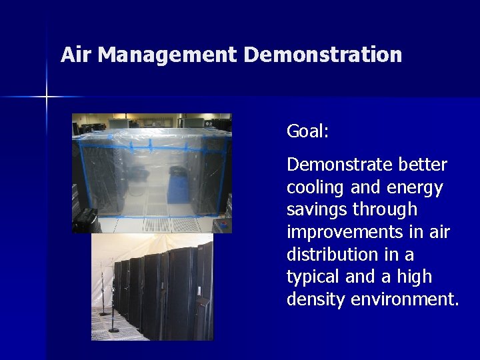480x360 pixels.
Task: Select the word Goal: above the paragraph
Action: click(x=307, y=132)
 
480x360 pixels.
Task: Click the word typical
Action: click(x=313, y=277)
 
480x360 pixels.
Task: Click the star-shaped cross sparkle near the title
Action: click(x=47, y=97)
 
